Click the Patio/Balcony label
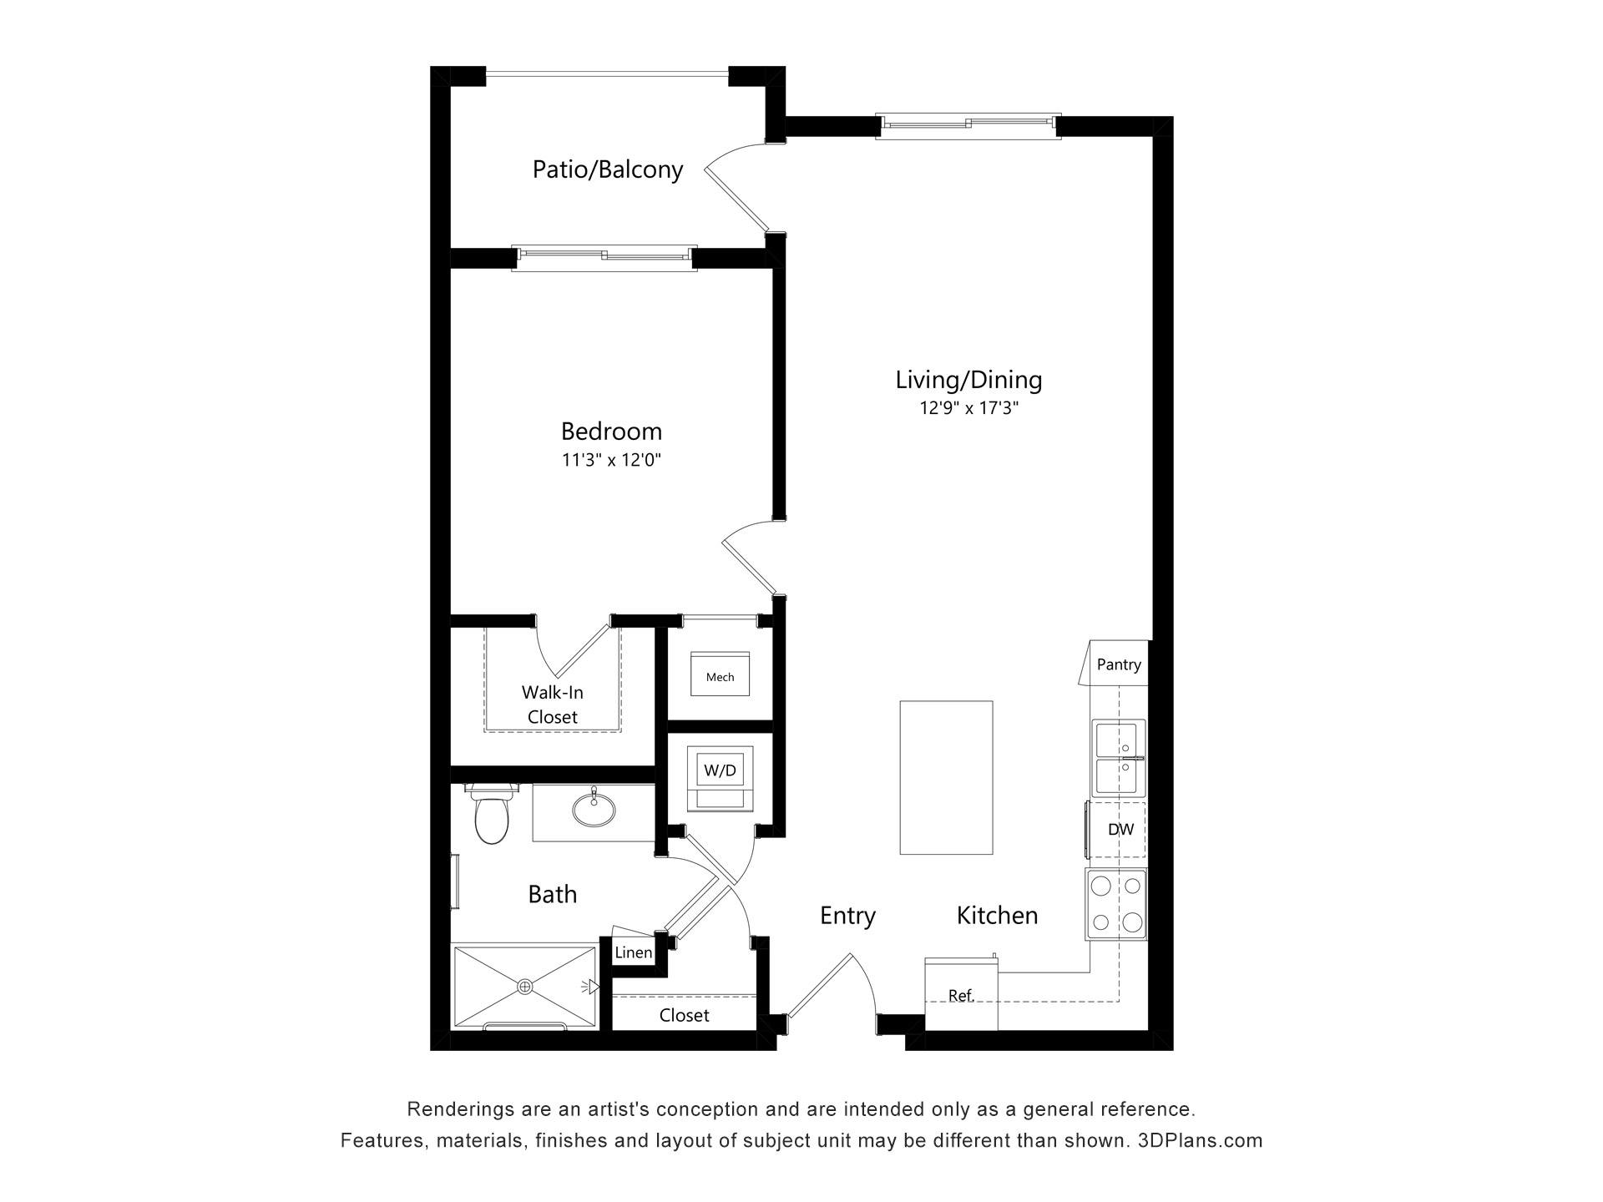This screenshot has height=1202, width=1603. point(608,169)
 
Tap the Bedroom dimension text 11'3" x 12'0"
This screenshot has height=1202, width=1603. point(611,460)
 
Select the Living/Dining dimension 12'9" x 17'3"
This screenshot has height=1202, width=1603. point(968,408)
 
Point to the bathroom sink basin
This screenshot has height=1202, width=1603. point(594,809)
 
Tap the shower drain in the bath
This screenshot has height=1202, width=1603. point(525,987)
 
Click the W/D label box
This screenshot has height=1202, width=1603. point(720,770)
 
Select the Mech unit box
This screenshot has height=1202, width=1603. point(720,674)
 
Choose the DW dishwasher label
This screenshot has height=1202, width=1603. point(1120,830)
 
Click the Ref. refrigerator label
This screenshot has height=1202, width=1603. point(961,995)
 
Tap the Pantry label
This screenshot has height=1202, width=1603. point(1119,664)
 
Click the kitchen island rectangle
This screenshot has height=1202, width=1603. point(946,778)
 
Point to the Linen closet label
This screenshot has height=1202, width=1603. point(634,952)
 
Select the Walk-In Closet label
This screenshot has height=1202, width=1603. point(553,705)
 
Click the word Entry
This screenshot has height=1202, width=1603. point(847,916)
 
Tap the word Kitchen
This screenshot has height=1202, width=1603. point(997,915)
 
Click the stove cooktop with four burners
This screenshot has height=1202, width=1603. point(1116,904)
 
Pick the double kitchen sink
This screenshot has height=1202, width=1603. point(1118,758)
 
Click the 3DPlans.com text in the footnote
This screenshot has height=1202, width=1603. point(1201,1141)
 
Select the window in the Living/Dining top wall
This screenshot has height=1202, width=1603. point(968,125)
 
